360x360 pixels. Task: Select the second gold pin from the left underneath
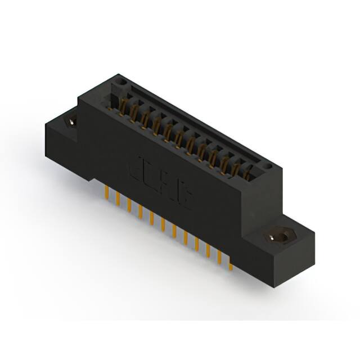(116, 199)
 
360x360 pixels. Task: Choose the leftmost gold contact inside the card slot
(123, 105)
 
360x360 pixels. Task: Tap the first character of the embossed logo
(135, 167)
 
